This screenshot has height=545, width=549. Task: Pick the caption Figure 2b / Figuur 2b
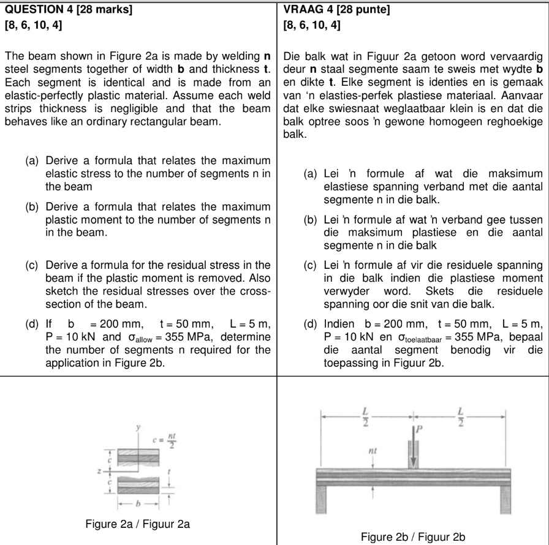[x=413, y=537]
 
